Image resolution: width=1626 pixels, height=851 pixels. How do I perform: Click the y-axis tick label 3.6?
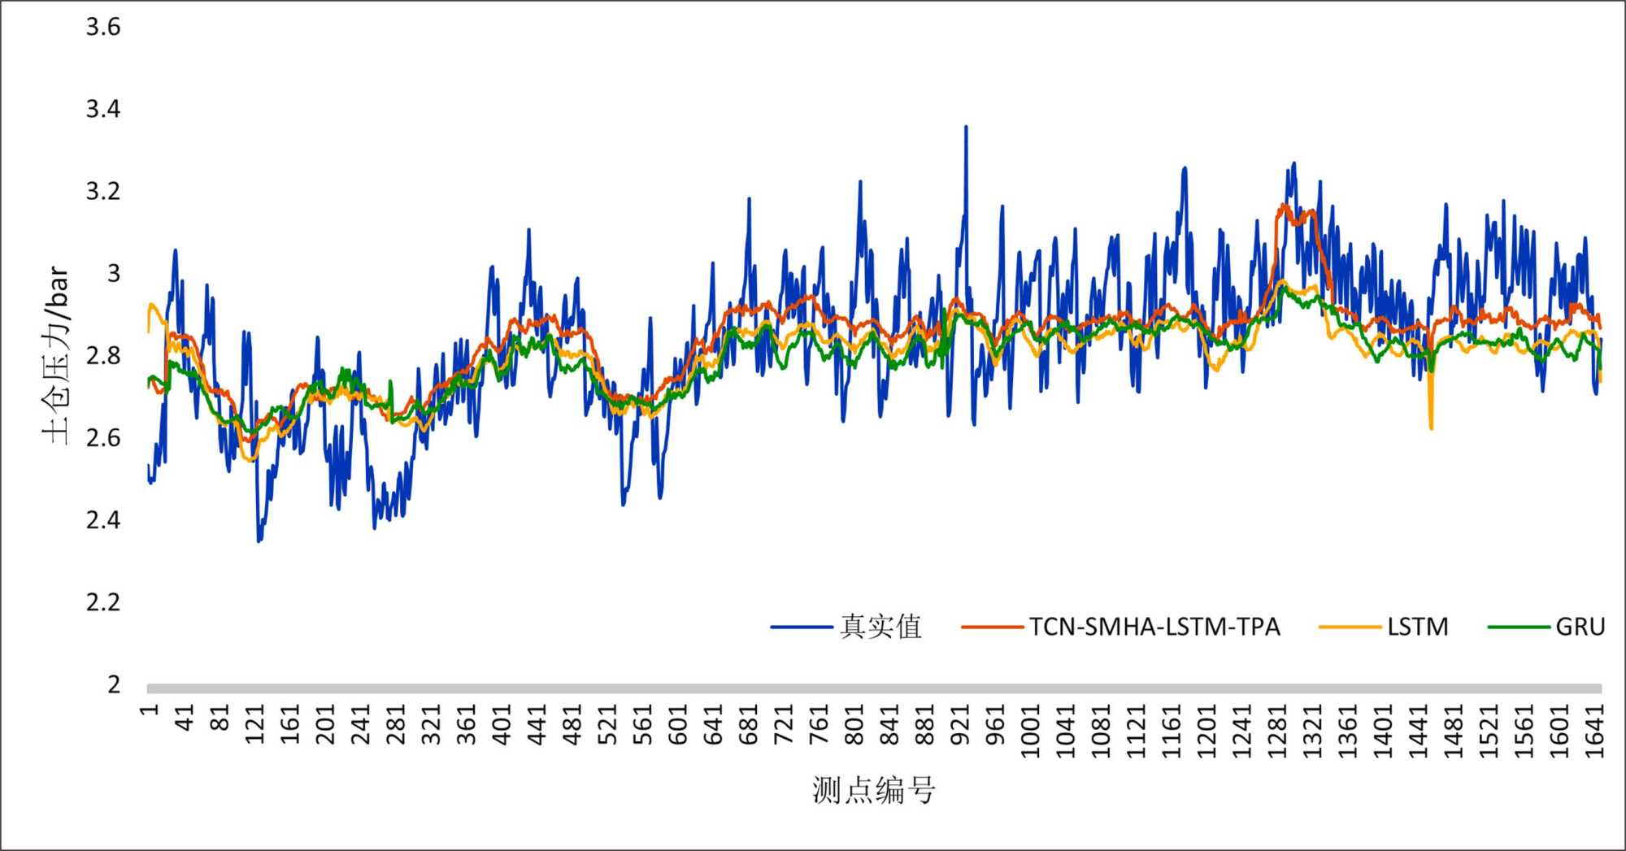(x=103, y=27)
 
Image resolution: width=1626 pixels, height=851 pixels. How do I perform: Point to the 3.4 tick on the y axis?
(x=103, y=109)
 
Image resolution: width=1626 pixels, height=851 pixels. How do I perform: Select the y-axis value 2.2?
(x=103, y=602)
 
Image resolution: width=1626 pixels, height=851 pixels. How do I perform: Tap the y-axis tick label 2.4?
(x=103, y=520)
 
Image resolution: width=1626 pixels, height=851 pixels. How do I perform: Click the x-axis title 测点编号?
(x=874, y=790)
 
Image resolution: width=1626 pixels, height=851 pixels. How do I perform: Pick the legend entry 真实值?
(x=880, y=627)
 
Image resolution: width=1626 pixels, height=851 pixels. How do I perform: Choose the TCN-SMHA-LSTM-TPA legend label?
(x=1154, y=627)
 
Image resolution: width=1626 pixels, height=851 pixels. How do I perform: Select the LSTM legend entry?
(x=1418, y=627)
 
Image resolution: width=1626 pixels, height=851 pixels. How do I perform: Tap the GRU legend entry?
(x=1580, y=627)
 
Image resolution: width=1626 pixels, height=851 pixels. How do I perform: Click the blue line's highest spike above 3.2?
(x=966, y=127)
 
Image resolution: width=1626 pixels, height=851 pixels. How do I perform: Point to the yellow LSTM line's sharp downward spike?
(x=1431, y=428)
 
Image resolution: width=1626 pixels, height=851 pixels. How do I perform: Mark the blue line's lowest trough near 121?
(x=259, y=541)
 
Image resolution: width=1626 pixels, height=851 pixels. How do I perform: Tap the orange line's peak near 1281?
(x=1284, y=205)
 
